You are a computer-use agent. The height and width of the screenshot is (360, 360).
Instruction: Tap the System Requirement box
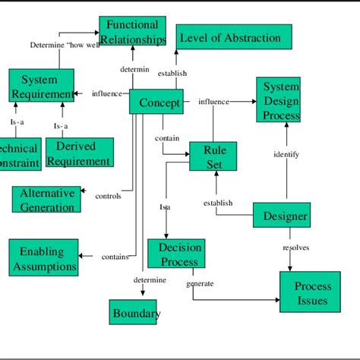pos(42,86)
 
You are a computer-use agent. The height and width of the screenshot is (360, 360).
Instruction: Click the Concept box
pos(156,102)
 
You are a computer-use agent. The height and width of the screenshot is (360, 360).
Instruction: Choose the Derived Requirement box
pos(80,153)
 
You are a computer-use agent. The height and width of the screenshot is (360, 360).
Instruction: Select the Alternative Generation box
pos(46,199)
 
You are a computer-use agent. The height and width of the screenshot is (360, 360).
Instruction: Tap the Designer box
pos(280,216)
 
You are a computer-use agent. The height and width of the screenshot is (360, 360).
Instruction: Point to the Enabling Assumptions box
pos(44,258)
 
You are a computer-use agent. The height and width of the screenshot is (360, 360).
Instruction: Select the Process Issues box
pos(310,292)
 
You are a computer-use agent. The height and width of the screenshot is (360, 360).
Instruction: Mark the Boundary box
pos(135,312)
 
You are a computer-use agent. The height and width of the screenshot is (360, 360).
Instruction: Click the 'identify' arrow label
pos(286,154)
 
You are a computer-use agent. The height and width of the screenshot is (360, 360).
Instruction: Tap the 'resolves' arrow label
pos(295,248)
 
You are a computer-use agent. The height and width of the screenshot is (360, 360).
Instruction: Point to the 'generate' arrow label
pos(200,284)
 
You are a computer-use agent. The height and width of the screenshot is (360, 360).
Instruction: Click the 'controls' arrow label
pos(108,196)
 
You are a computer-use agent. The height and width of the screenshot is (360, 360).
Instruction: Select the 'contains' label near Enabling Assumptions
pos(115,257)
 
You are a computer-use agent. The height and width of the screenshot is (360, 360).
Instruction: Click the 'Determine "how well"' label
pos(65,45)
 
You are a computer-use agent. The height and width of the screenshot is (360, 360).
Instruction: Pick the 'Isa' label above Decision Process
pos(165,207)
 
